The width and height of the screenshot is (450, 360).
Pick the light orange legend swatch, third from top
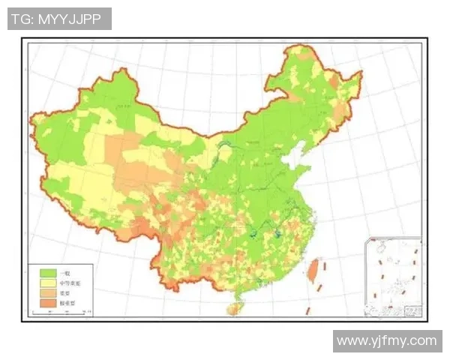coord(49,293)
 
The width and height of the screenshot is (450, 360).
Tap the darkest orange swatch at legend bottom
coord(49,303)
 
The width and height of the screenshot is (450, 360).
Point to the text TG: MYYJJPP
coord(59,19)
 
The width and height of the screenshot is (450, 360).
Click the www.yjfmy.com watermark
coord(386,340)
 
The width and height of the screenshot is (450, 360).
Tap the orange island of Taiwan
coord(313,269)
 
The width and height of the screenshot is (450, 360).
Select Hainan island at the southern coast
coord(238,306)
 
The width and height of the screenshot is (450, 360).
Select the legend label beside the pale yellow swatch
coord(69,284)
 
